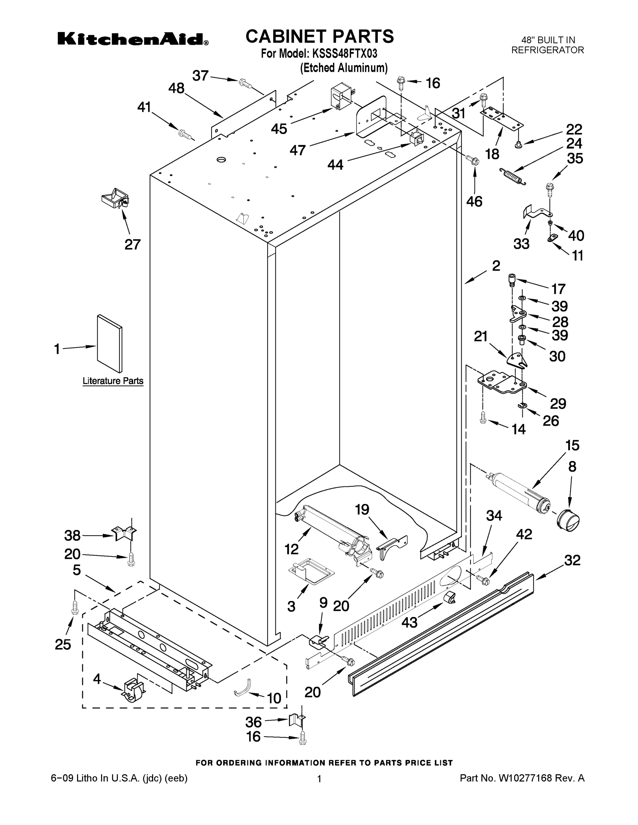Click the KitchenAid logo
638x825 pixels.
[x=133, y=39]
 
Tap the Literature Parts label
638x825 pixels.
[x=113, y=381]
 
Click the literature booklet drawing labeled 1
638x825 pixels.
[x=110, y=343]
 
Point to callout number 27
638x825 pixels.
[x=133, y=244]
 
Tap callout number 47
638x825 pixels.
[x=298, y=150]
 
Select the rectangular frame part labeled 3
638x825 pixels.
[x=311, y=572]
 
